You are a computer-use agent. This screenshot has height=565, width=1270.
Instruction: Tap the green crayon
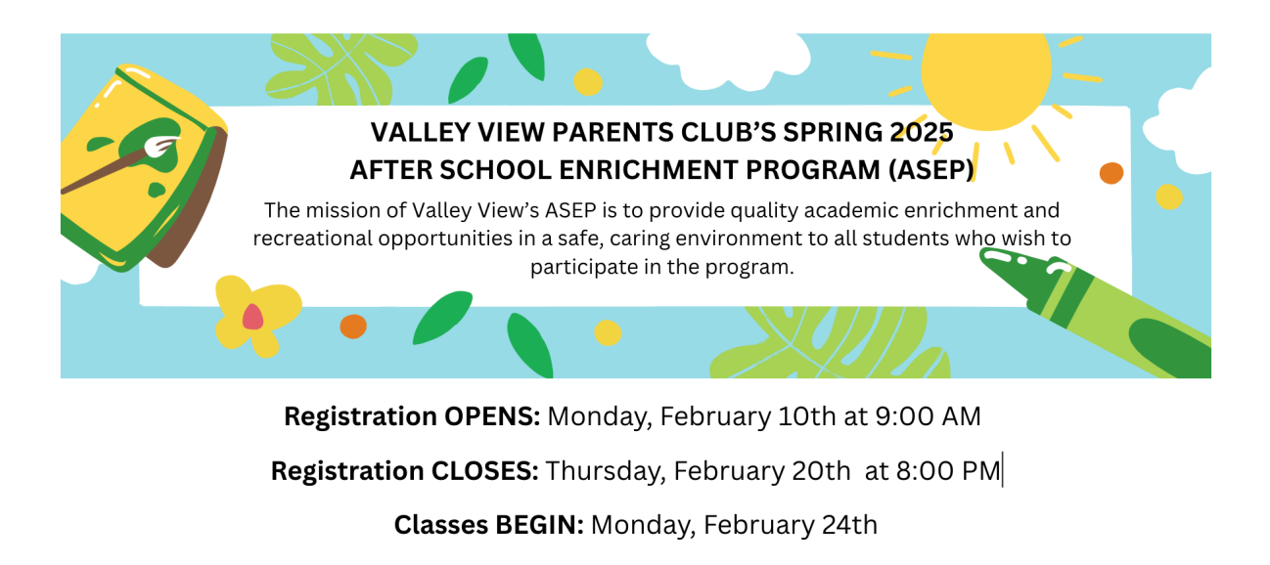click(1096, 308)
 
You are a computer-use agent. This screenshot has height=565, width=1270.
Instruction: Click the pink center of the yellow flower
click(252, 316)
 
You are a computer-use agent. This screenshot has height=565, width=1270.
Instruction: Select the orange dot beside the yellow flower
click(353, 326)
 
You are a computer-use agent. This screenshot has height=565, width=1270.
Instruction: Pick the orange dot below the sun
click(1111, 173)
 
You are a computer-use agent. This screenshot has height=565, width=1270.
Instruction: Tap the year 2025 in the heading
click(922, 131)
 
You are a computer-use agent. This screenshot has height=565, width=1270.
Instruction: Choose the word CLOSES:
click(484, 471)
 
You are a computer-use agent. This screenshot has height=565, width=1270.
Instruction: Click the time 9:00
click(906, 416)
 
